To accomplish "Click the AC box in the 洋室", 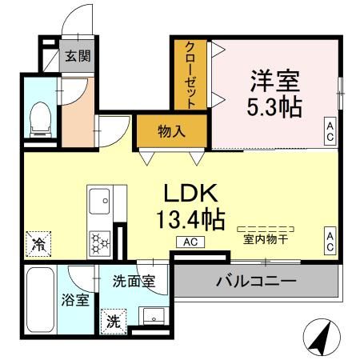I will [x=330, y=130].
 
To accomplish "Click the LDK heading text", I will [x=191, y=194].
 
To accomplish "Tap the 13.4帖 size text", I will [x=190, y=218].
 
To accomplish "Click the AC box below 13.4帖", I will [x=191, y=242].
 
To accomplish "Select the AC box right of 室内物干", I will [x=330, y=239].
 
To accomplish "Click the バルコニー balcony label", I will [x=256, y=282].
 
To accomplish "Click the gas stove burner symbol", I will [x=102, y=240].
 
